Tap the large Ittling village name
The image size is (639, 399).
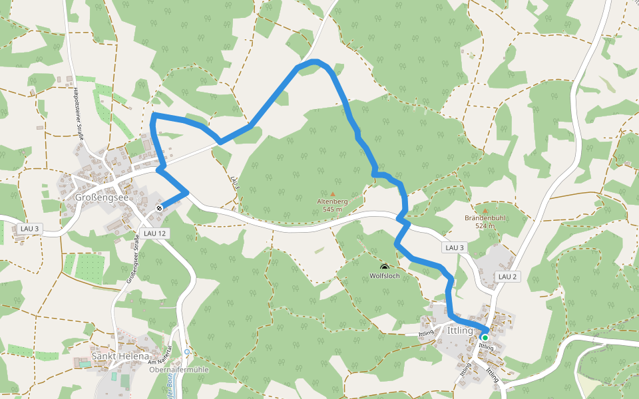coord(461,331)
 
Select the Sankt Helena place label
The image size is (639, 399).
coord(120,356)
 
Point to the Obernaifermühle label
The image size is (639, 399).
coord(179,370)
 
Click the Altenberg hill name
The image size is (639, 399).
coord(332,201)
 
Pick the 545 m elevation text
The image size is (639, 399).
coord(332,209)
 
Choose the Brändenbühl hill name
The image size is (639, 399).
coord(485,217)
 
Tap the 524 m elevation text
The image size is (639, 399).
coord(485,226)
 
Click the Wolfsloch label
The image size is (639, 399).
coord(385,275)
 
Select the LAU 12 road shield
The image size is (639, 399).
coord(154,233)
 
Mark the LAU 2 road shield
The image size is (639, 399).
coord(507,277)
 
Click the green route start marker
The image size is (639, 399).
coord(485,338)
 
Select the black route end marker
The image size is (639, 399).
coord(160,208)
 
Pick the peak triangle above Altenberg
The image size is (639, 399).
coord(333,194)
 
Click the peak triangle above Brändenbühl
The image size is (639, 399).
coord(485,210)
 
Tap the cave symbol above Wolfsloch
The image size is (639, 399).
coord(384,266)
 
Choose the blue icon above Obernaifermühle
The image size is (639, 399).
coord(188,352)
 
